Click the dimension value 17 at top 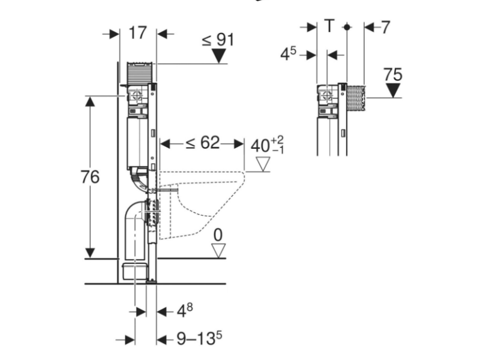[x=138, y=33]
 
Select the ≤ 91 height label [x=218, y=40]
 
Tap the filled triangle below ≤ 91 [x=219, y=56]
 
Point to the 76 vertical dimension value [x=90, y=177]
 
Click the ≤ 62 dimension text [x=203, y=143]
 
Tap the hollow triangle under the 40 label [x=263, y=164]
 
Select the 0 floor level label [x=218, y=235]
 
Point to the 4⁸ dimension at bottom [x=185, y=311]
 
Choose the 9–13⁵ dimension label [x=199, y=338]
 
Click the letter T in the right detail [x=329, y=26]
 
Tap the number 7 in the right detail [x=386, y=27]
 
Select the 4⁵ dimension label [x=289, y=54]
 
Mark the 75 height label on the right [x=393, y=74]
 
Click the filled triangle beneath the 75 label [x=394, y=91]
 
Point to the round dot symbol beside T [x=347, y=27]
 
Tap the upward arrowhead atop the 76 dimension [x=90, y=101]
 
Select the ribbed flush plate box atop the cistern [x=140, y=73]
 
